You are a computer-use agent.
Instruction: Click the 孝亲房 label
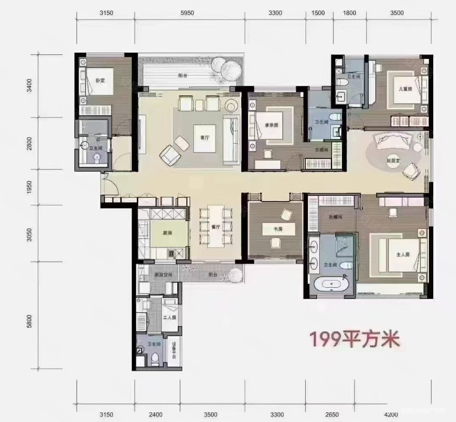[x=271, y=125]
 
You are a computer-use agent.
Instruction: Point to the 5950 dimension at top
[x=187, y=13]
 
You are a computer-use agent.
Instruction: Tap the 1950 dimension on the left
[x=29, y=187]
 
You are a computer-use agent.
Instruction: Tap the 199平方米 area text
[x=355, y=339]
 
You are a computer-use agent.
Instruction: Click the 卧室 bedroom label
[x=100, y=80]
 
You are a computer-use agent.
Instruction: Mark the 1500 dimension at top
[x=318, y=13]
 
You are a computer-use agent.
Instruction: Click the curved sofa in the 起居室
[x=393, y=140]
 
